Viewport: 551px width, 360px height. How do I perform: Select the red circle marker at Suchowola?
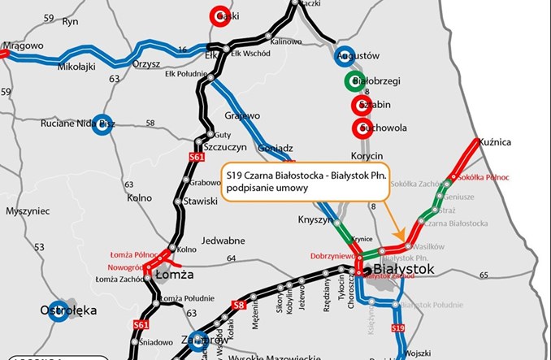point(360,128)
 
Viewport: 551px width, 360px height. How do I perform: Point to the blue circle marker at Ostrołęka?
point(58,312)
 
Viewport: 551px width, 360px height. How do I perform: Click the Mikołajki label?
point(76,68)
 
